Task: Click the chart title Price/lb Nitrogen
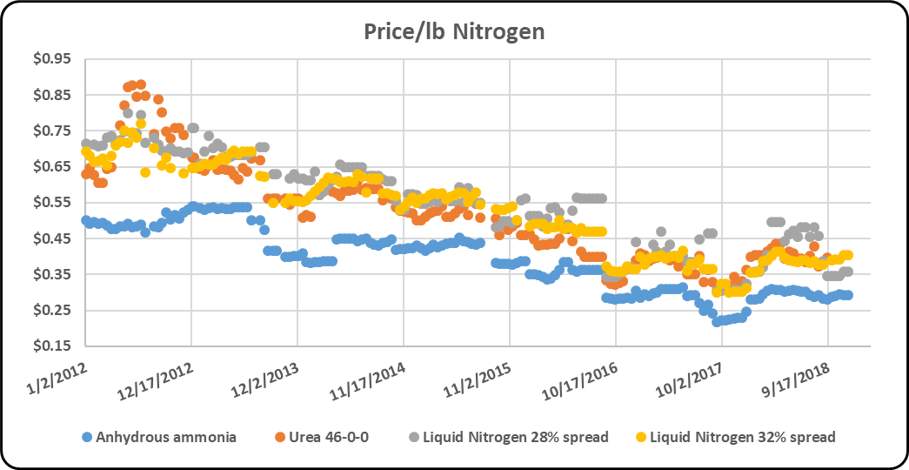(454, 32)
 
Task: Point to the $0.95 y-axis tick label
(54, 59)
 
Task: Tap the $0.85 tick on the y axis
(54, 95)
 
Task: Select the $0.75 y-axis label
(54, 131)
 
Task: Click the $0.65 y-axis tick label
(54, 167)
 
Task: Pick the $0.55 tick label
(54, 203)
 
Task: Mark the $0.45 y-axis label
(54, 239)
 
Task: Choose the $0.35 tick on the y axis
(54, 274)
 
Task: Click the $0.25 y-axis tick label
(54, 311)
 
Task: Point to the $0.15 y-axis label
(54, 346)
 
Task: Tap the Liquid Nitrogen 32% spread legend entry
(735, 437)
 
